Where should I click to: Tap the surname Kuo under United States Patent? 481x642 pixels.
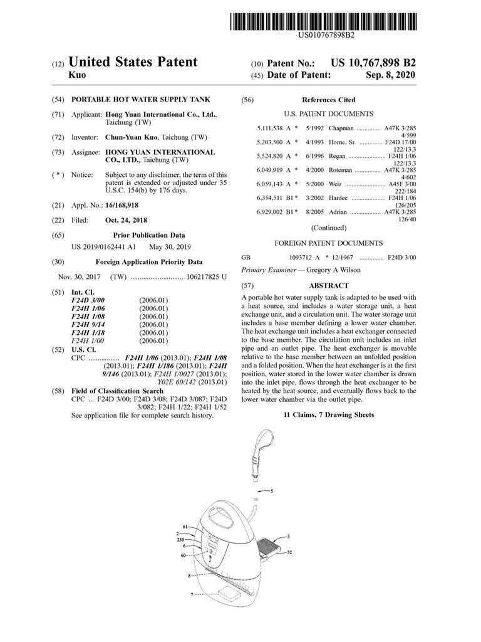click(77, 75)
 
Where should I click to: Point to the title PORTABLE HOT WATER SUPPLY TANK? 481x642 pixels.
click(141, 100)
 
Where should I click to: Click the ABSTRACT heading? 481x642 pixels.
click(328, 285)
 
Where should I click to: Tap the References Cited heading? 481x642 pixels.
click(328, 100)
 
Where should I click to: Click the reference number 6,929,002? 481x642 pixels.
click(271, 213)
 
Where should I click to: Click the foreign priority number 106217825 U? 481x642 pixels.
click(206, 276)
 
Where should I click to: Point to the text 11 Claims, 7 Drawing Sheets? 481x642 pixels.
click(328, 415)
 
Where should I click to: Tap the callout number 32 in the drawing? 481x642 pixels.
click(290, 553)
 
